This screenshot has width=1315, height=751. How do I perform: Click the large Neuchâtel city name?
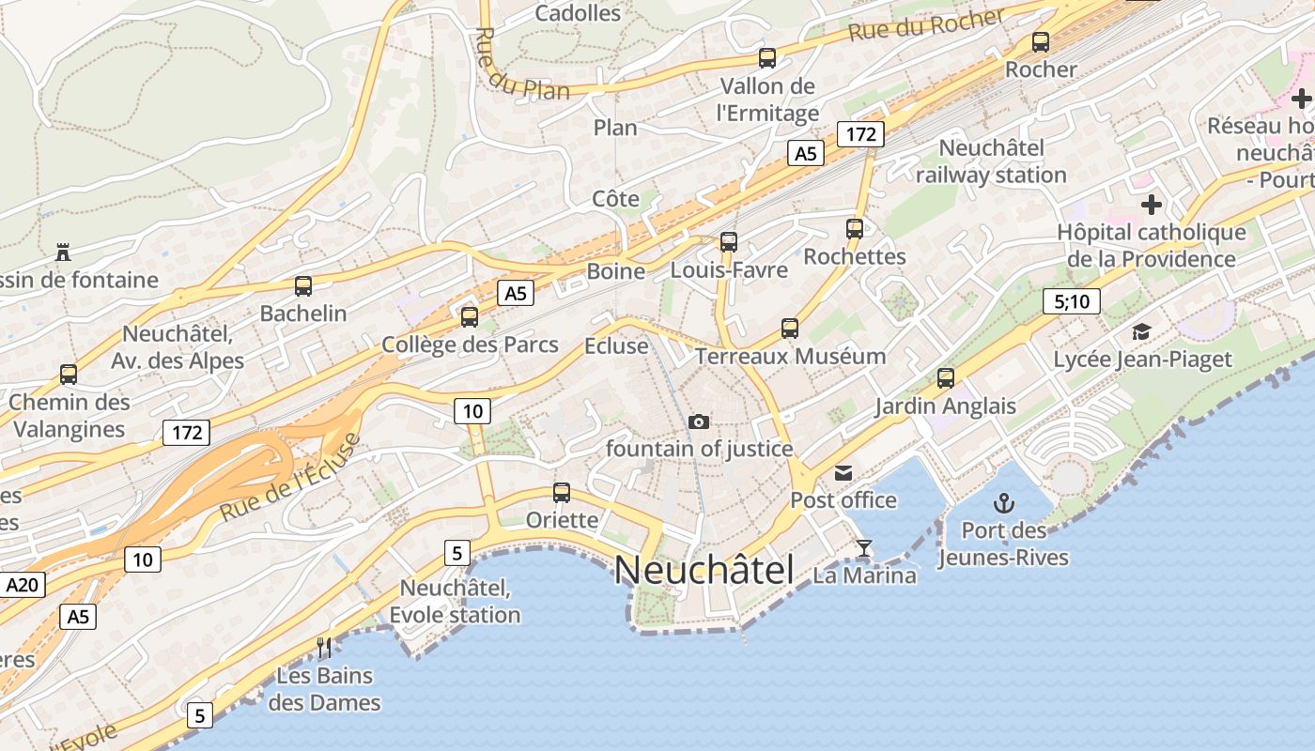pos(704,570)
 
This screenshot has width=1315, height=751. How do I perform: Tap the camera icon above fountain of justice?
pos(698,421)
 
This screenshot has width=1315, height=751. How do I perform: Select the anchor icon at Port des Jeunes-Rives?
pos(1004,503)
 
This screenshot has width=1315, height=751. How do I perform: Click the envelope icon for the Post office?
pos(843,473)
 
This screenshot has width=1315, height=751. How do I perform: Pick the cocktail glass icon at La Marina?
pos(864,548)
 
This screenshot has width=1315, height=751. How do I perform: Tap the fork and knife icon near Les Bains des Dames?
pos(325,647)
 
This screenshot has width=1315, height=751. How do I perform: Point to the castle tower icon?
pos(63,253)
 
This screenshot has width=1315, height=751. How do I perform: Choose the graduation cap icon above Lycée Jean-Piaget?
pos(1141,331)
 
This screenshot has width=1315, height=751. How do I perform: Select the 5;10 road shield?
pos(1071,301)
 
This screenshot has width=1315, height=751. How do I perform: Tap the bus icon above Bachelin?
pos(303,286)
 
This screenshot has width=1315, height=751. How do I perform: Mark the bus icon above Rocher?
pos(1040,41)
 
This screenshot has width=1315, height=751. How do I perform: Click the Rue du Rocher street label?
pos(926,25)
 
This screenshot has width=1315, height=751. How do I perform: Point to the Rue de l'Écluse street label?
pos(290,479)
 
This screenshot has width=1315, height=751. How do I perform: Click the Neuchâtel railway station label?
pos(991,161)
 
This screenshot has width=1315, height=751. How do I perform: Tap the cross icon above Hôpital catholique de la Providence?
pos(1152,204)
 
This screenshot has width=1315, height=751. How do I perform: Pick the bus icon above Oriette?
pos(562,492)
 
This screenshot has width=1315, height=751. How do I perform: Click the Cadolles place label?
pos(578,13)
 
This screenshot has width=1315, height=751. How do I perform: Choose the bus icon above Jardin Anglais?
pos(946,378)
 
